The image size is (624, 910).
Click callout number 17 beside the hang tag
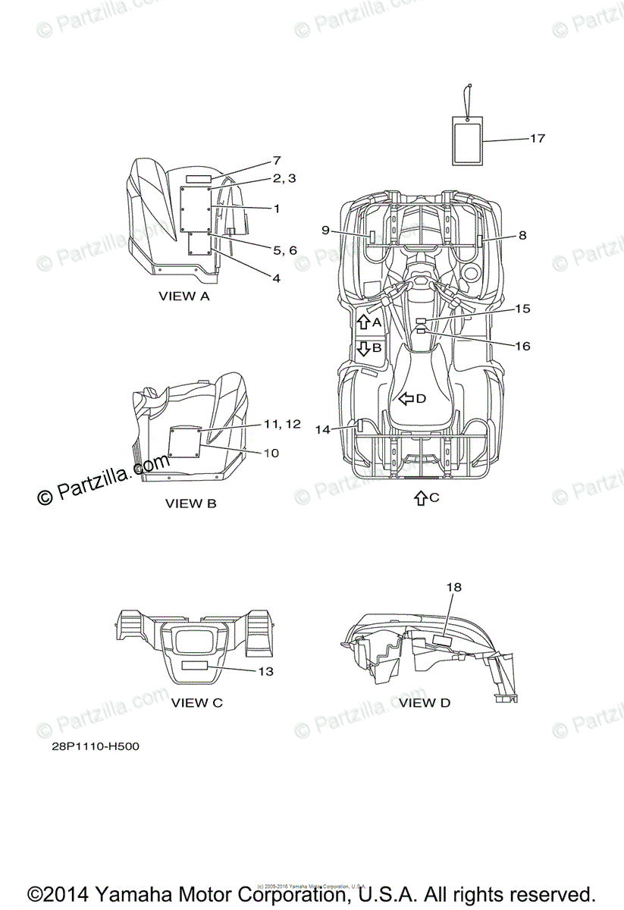click(537, 139)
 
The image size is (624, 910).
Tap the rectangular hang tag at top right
click(467, 140)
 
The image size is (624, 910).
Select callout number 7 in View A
click(277, 161)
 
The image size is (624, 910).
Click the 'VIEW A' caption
click(183, 297)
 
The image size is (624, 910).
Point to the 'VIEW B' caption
click(190, 503)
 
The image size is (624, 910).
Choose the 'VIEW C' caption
click(196, 703)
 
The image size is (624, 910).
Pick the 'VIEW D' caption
click(425, 703)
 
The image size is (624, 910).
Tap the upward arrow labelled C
click(421, 498)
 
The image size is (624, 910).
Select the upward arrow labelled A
click(363, 322)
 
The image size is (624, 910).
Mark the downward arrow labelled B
click(363, 348)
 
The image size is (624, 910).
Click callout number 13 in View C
click(265, 671)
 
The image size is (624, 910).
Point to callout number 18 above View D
click(453, 587)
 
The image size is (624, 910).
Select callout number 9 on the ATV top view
click(325, 231)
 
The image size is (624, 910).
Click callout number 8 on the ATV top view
click(522, 236)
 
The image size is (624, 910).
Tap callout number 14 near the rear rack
click(323, 429)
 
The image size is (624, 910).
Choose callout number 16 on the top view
click(522, 346)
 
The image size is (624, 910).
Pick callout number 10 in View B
click(271, 453)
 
